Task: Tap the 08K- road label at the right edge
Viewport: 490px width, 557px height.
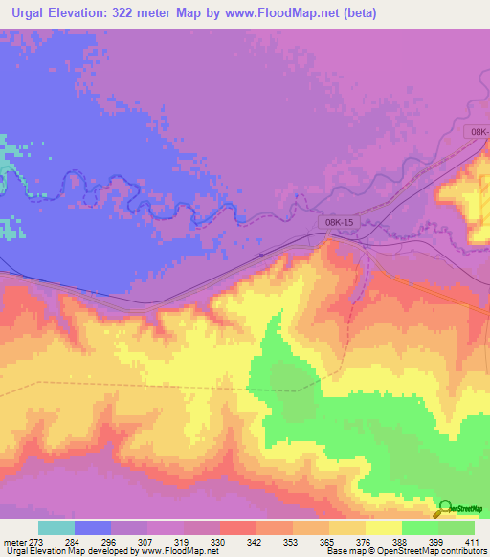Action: [478, 131]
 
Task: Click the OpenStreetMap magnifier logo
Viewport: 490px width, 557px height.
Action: [444, 509]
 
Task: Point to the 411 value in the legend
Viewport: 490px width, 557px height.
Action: [474, 542]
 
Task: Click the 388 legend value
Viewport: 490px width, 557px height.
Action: [401, 542]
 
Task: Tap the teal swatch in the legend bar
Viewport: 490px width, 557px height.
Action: [56, 527]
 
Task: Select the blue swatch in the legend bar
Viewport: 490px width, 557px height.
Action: [93, 527]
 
